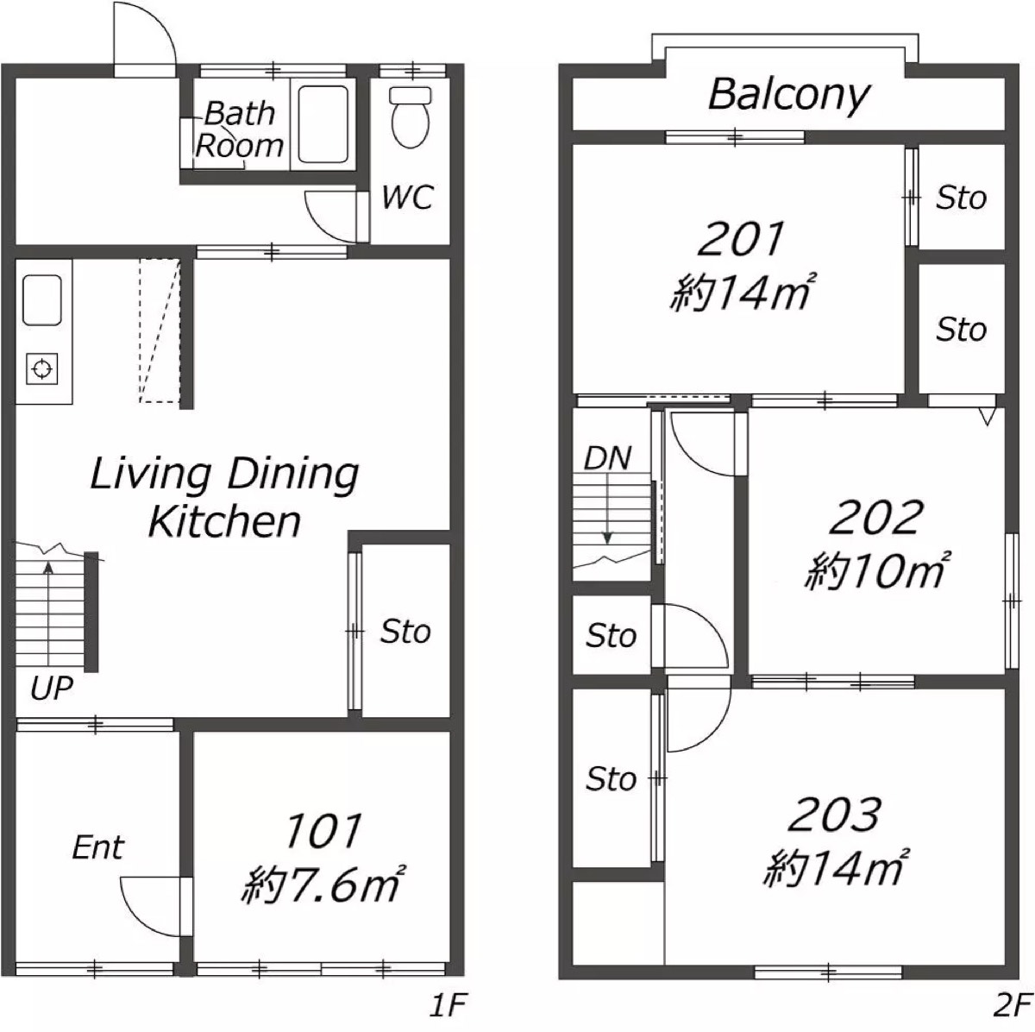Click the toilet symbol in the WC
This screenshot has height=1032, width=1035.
click(x=411, y=116)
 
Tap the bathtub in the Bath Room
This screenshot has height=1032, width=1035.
click(x=323, y=124)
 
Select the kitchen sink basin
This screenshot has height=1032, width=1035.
click(x=42, y=300)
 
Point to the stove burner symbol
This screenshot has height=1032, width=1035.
click(x=42, y=369)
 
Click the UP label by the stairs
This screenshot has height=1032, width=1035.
click(x=52, y=688)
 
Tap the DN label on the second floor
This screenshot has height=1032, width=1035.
click(x=607, y=458)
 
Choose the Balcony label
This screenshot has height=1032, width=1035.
click(x=788, y=96)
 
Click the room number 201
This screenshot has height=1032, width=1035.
click(x=741, y=239)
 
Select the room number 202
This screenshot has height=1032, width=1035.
click(x=876, y=517)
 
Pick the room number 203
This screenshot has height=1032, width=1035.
click(x=834, y=815)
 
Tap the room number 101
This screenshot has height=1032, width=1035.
click(x=323, y=830)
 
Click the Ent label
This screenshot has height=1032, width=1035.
click(x=97, y=847)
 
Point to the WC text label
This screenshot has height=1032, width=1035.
click(x=408, y=197)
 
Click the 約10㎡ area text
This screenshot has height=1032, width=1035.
click(x=876, y=571)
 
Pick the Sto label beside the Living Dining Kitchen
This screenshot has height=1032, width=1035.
click(x=405, y=632)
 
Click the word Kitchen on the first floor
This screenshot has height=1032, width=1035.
click(x=224, y=521)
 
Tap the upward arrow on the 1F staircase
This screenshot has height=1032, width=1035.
click(x=48, y=614)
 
